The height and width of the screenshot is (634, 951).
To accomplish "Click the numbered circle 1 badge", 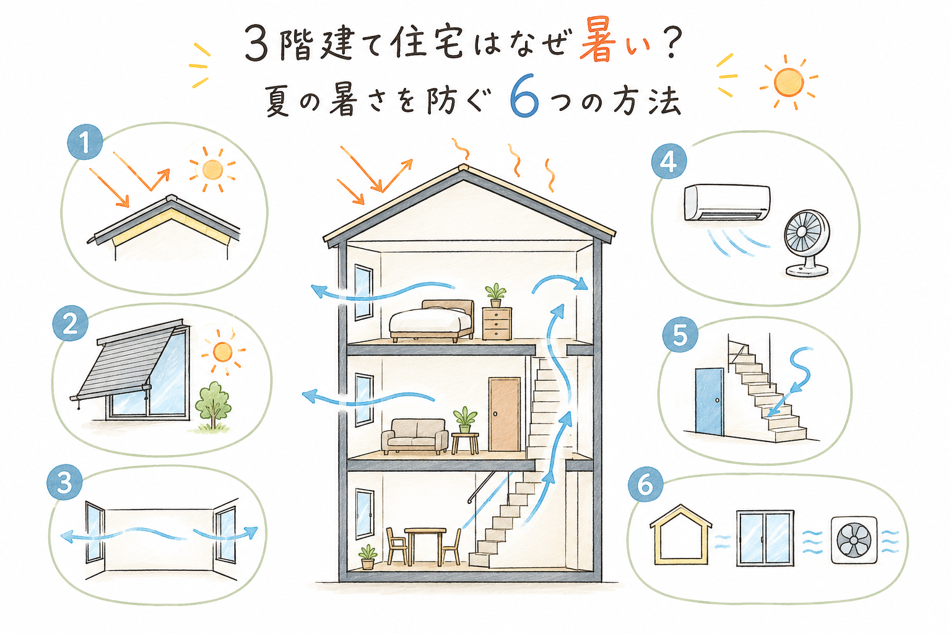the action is [x=85, y=142].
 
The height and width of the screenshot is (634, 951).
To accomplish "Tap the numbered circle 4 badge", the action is [x=669, y=162].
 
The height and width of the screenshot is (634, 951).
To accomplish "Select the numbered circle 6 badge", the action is [x=645, y=484].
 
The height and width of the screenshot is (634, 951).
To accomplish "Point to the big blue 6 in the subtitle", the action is [x=525, y=98].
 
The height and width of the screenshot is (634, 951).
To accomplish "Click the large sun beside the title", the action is [x=788, y=82].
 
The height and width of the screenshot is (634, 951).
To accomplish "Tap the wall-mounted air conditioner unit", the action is [x=727, y=202].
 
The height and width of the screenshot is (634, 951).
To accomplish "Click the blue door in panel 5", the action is [x=710, y=402].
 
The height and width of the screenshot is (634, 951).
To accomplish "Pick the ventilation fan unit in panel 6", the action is [x=853, y=540].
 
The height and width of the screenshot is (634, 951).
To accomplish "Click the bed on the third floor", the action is [x=432, y=321].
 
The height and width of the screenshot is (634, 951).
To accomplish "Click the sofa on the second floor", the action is [x=415, y=436].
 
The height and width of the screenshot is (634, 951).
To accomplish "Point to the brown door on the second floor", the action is [x=505, y=414].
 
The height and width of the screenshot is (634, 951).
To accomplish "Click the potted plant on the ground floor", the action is [x=368, y=557].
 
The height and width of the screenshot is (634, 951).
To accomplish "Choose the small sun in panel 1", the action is [x=212, y=170].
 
